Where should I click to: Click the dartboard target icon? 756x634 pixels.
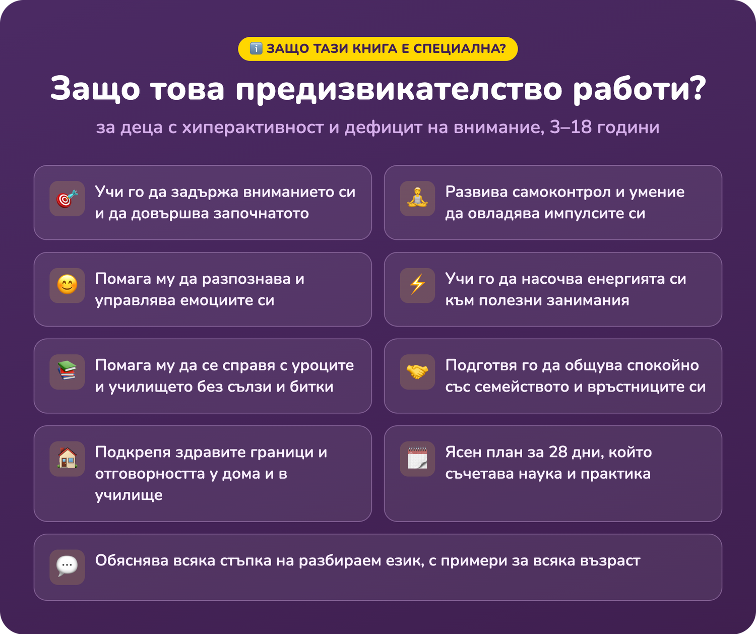coord(67,199)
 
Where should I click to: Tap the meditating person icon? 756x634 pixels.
coord(417,198)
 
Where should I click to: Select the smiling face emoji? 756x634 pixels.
coord(68,285)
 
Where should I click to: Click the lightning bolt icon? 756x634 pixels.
coord(417,285)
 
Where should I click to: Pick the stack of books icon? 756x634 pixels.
coord(68,371)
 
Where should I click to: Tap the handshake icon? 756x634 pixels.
coord(417,372)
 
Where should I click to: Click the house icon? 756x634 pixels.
coord(68,458)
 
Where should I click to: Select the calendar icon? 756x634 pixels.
coord(417,458)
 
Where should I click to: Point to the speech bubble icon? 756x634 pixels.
coord(68,566)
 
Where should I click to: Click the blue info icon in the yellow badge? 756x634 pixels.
coord(256,48)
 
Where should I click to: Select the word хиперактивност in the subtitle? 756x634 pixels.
coord(253,128)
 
